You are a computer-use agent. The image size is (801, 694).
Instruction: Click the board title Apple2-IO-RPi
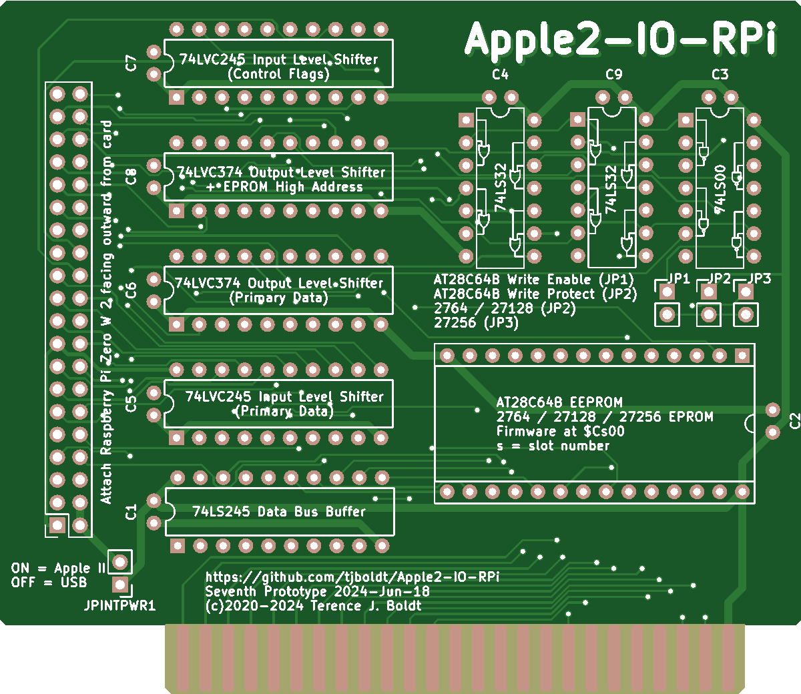click(x=620, y=39)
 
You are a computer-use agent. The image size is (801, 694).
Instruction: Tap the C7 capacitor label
click(x=131, y=63)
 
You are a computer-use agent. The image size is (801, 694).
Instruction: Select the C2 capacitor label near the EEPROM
click(x=794, y=421)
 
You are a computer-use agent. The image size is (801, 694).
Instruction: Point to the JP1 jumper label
click(x=679, y=278)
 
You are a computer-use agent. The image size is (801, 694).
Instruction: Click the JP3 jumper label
click(x=760, y=278)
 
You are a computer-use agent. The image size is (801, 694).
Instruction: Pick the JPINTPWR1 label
click(x=119, y=606)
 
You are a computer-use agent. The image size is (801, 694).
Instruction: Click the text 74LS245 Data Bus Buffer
click(x=279, y=512)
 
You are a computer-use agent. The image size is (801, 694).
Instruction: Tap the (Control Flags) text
click(x=278, y=74)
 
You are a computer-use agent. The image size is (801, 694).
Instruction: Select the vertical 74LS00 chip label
click(x=720, y=189)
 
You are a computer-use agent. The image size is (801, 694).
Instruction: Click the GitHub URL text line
click(x=352, y=577)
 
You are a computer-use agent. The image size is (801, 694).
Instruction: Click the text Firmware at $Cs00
click(x=560, y=431)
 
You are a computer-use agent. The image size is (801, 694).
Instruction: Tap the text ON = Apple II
click(x=58, y=569)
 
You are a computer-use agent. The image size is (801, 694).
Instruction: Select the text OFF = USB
click(x=49, y=583)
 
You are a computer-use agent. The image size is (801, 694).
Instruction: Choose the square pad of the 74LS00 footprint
click(x=686, y=120)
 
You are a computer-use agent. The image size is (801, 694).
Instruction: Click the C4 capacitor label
click(x=500, y=74)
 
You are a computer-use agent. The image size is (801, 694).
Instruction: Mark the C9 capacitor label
click(x=613, y=74)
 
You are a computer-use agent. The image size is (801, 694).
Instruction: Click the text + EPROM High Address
click(x=284, y=187)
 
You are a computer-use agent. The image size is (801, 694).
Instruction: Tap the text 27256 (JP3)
click(x=475, y=322)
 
